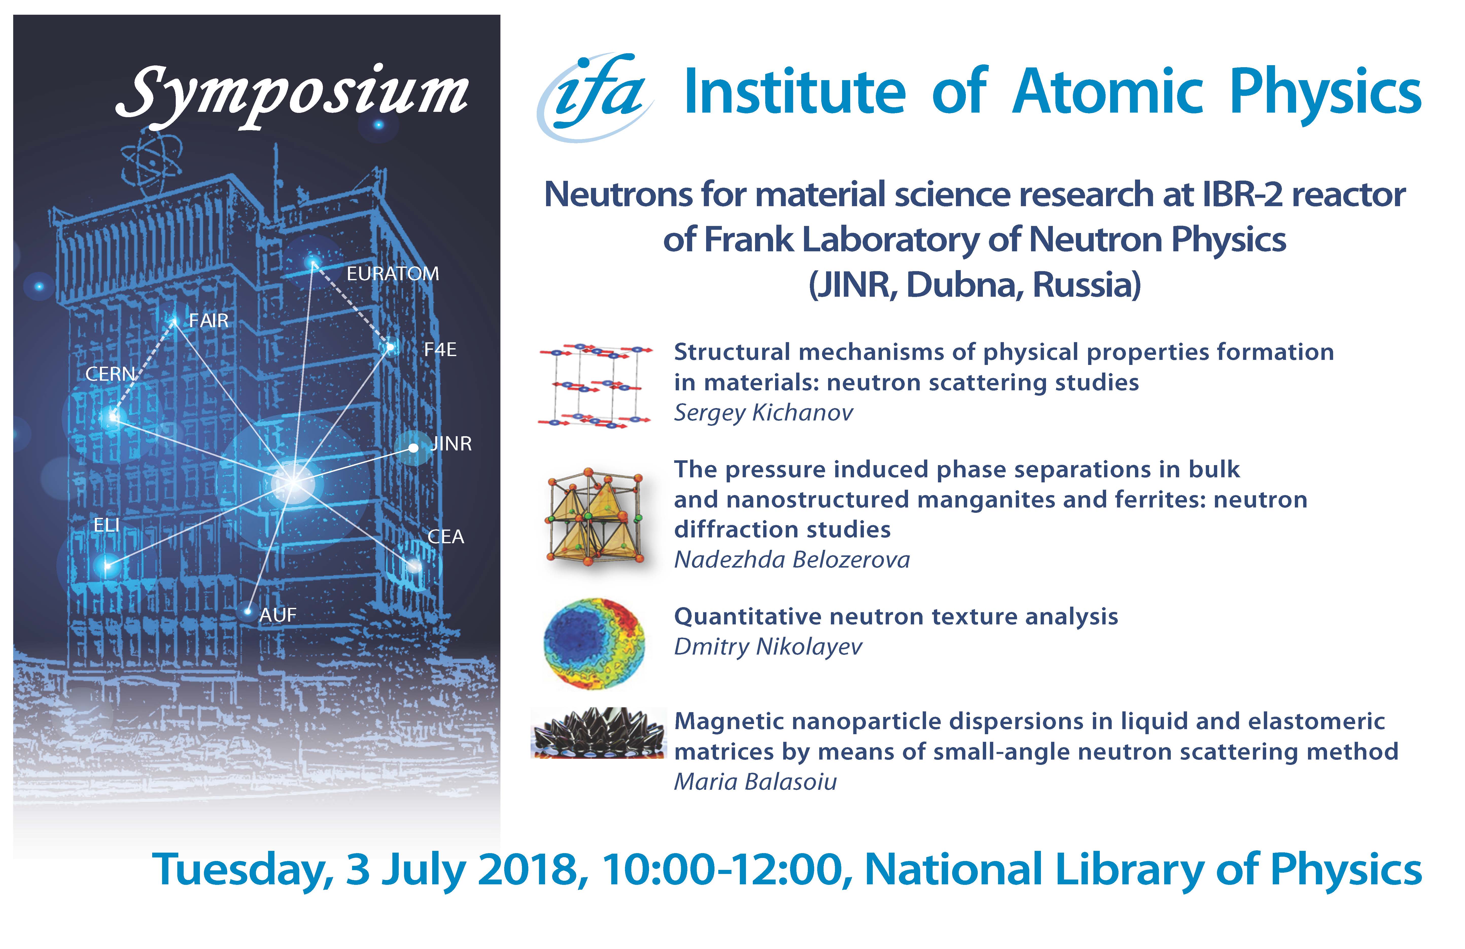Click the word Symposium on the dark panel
pos(292,95)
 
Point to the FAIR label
pos(209,321)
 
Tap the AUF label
pos(278,615)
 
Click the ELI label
pos(107,525)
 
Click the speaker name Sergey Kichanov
pos(763,413)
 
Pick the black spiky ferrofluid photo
pos(598,732)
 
